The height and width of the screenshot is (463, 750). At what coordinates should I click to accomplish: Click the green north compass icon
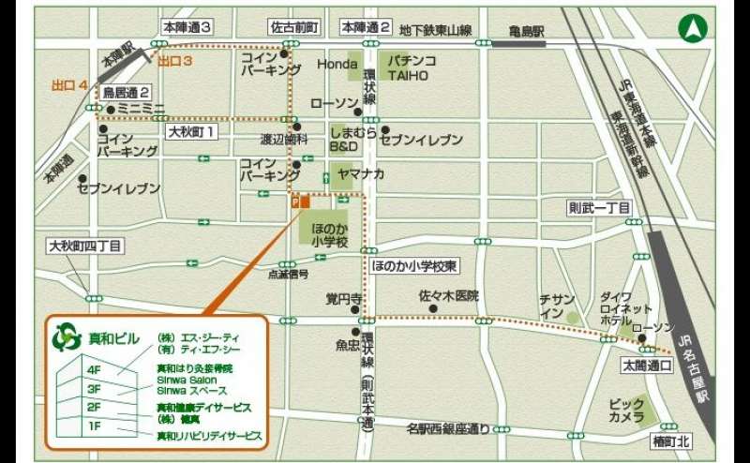693,29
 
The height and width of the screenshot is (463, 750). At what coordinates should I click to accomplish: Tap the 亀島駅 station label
528,31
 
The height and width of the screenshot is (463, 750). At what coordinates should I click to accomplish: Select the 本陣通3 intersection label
187,26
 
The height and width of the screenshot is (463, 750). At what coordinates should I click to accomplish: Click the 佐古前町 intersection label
294,26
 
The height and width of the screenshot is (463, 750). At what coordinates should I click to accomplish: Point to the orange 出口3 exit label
174,61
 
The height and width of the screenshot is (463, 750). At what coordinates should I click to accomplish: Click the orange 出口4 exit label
70,85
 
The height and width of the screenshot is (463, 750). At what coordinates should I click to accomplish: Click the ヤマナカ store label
361,173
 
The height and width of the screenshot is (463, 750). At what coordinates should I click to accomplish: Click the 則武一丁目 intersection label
599,207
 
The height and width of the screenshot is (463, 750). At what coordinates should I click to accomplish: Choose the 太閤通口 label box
647,364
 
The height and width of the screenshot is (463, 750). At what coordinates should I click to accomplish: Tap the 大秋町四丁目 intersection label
85,246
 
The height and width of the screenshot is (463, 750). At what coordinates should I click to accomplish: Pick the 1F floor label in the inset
94,426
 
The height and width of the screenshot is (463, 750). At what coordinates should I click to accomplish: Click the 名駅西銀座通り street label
448,429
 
